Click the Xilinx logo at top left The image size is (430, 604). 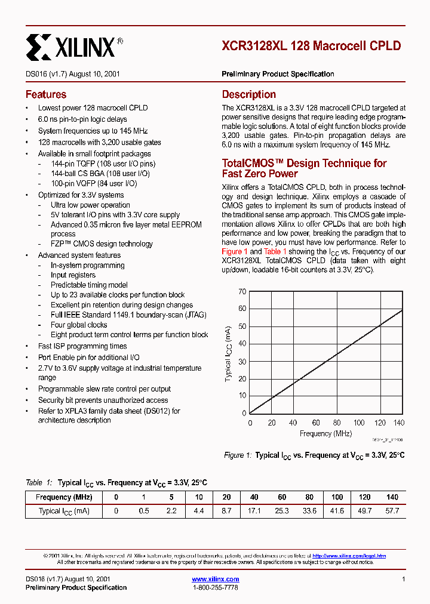coord(75,46)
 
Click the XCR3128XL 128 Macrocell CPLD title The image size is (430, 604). coord(311,46)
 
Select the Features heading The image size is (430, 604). coord(46,94)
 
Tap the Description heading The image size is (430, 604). coord(249,94)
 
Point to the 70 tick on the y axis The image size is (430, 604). coord(242,291)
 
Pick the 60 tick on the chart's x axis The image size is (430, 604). coord(316,423)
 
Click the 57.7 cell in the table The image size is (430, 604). coord(392,511)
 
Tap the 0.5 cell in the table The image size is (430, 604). coord(144,511)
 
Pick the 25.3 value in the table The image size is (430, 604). coord(282,511)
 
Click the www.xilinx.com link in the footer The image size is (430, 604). coord(216,579)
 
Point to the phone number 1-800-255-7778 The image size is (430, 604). coord(216,587)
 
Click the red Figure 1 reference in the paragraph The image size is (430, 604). coord(235,252)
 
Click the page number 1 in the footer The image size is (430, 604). coord(404,579)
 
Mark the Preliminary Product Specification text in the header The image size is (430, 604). coord(278,74)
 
